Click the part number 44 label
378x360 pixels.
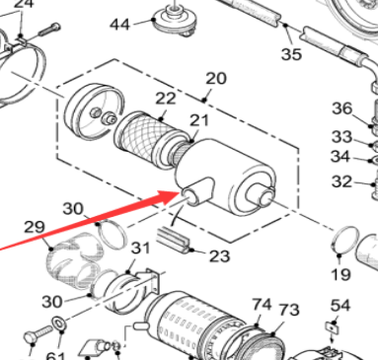[119, 24]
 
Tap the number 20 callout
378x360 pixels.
[215, 79]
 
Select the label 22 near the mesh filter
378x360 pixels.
[165, 99]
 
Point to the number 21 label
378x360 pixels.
[200, 120]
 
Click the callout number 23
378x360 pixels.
[218, 256]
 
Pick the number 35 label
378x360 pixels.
[292, 54]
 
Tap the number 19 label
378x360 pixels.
[340, 273]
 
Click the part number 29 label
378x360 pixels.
[35, 228]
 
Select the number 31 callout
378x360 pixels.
[140, 248]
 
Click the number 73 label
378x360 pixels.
[288, 311]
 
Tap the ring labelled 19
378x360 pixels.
[344, 239]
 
